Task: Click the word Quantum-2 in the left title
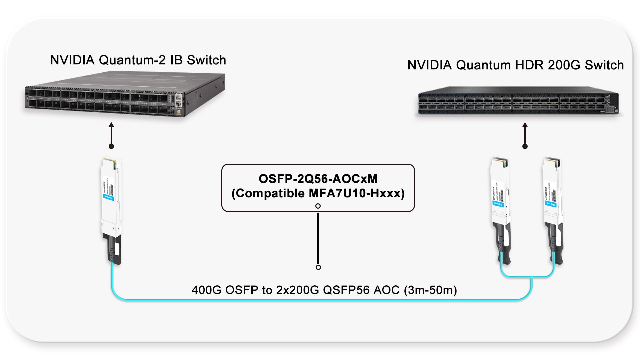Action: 132,60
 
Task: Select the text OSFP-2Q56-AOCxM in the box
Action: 318,179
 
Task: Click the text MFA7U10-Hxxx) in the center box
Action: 357,194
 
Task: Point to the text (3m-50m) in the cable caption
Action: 430,290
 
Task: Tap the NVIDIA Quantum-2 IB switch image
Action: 125,95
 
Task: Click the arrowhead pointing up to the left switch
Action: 112,125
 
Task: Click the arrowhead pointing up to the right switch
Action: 525,125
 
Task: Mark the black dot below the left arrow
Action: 112,146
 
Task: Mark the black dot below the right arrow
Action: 525,146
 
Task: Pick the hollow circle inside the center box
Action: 318,206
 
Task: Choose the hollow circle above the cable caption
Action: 318,267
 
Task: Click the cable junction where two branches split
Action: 532,277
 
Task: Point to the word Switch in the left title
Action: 206,60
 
